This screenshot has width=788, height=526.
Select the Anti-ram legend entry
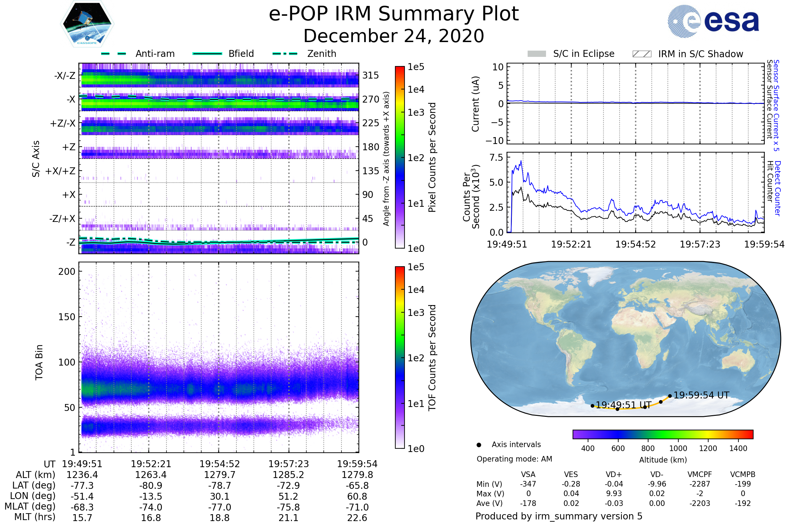[155, 54]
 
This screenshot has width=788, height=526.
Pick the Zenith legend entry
[321, 54]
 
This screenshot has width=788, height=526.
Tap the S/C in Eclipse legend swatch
[536, 54]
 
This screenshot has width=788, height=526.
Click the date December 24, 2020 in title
[394, 36]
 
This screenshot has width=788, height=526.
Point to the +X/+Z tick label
[60, 171]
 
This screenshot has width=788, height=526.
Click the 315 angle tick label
[370, 75]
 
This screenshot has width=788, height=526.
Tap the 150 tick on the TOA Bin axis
[67, 317]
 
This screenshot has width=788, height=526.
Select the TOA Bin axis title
[39, 362]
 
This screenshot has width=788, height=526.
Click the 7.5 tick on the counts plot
[496, 158]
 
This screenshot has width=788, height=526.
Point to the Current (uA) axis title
[475, 104]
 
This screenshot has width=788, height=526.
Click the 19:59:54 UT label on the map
[701, 395]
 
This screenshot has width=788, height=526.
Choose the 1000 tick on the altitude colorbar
[678, 448]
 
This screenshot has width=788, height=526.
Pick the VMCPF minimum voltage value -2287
[700, 484]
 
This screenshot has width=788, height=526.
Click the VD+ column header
[614, 474]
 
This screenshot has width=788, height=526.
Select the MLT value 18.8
[219, 517]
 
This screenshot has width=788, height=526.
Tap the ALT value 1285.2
[288, 475]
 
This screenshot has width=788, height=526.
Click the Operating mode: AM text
[514, 459]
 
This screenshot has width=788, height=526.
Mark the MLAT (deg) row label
[30, 507]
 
